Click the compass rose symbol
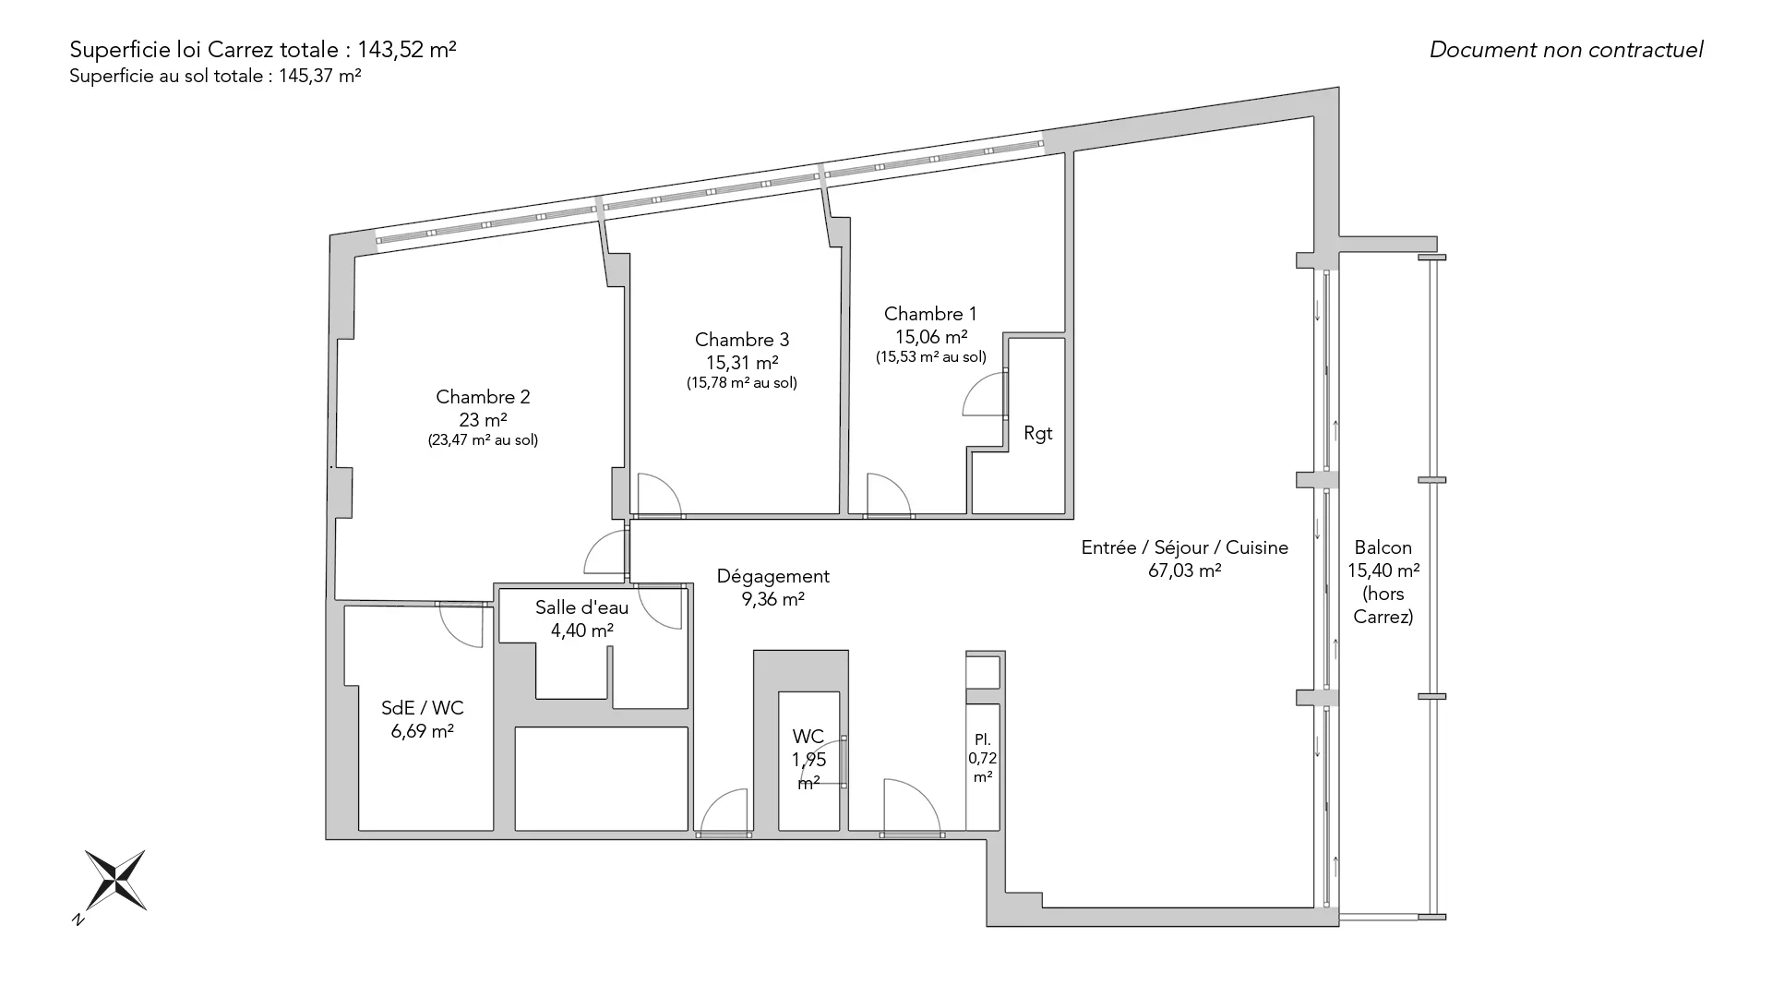[x=115, y=880]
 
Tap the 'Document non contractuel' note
[x=1566, y=50]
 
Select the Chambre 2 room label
[x=483, y=397]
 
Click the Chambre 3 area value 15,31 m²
[x=742, y=363]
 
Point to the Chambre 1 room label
[x=930, y=314]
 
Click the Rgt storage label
[x=1038, y=434]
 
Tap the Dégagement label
[x=773, y=577]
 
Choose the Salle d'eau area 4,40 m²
[x=582, y=631]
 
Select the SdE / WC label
[x=423, y=708]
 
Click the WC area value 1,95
[x=808, y=760]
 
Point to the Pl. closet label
[x=983, y=739]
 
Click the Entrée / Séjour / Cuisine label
[x=1185, y=547]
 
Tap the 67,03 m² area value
[x=1185, y=571]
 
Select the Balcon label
[x=1383, y=547]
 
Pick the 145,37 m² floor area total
[x=320, y=77]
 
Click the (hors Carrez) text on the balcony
[x=1383, y=606]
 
